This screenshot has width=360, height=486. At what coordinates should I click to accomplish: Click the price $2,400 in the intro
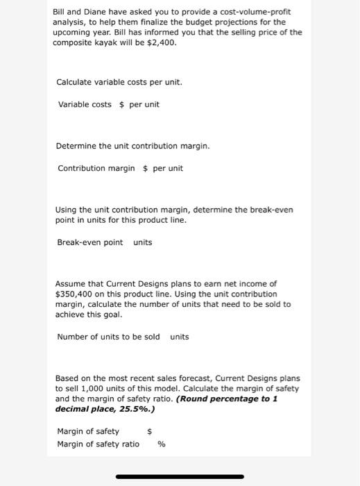[161, 42]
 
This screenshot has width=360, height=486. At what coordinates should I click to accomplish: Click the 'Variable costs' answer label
[84, 104]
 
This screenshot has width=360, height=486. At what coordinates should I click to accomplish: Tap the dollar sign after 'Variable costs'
[122, 104]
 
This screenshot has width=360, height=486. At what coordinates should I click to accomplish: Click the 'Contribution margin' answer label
[96, 168]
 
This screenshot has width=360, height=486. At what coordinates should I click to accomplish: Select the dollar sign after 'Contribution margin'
[145, 168]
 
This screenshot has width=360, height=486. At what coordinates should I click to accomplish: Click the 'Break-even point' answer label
[89, 242]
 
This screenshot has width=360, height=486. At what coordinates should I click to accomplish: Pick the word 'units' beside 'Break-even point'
[142, 242]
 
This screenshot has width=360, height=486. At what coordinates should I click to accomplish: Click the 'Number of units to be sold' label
[108, 337]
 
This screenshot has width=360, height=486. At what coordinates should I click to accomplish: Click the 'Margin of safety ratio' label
[98, 444]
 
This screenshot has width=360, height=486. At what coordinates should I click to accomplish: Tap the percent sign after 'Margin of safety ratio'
[161, 444]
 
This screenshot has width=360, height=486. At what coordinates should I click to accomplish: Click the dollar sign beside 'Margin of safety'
[149, 431]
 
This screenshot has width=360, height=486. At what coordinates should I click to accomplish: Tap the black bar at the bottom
[180, 476]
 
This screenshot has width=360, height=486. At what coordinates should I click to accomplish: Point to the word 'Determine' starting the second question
[77, 146]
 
